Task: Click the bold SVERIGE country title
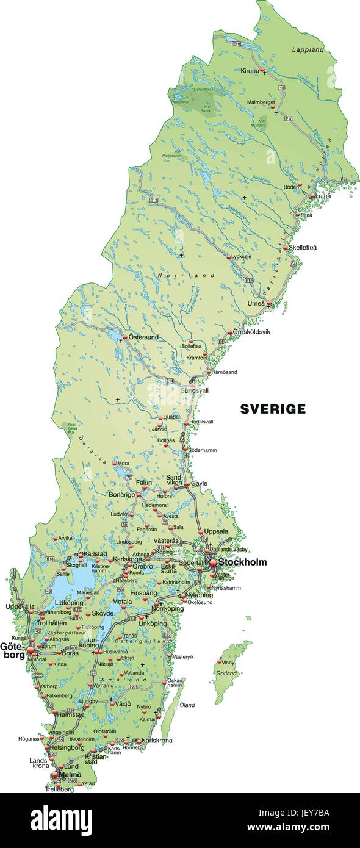273,409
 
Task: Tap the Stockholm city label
242,562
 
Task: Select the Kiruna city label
250,71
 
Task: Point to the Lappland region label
308,49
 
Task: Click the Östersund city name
143,337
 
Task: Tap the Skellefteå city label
303,248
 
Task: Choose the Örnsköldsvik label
251,332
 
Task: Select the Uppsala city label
216,531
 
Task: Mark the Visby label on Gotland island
228,662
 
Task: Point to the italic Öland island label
187,705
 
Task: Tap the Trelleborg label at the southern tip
59,789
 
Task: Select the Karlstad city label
95,553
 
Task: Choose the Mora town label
123,463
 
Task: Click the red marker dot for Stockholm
213,563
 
